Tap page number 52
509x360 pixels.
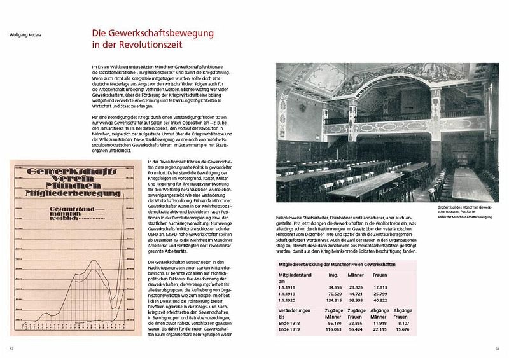11,349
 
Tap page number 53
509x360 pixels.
498,349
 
